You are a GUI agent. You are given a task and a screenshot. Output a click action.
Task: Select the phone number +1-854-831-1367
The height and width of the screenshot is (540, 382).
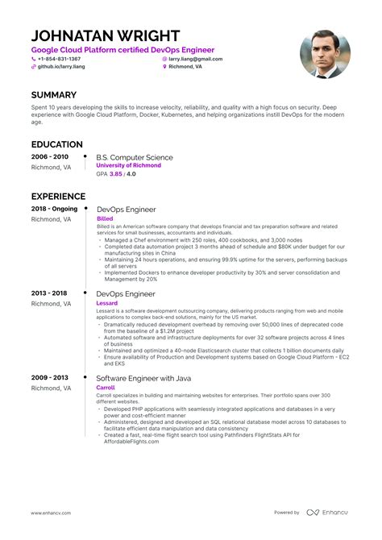pos(59,59)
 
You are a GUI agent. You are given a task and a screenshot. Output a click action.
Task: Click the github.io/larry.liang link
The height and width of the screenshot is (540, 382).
pos(61,67)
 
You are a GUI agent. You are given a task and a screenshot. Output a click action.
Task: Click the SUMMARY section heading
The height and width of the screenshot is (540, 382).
pos(54,95)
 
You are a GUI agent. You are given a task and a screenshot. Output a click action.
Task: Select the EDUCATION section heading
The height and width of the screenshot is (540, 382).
pos(58,143)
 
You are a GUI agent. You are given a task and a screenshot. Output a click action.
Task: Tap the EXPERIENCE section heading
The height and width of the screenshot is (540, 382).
pos(59,196)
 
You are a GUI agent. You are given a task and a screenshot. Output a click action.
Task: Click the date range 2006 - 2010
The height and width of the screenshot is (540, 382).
pos(50,156)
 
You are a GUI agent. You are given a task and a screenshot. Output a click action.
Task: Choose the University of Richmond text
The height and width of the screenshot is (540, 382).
pos(128,164)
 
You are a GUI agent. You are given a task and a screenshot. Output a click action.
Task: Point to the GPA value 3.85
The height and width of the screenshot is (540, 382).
pos(115,173)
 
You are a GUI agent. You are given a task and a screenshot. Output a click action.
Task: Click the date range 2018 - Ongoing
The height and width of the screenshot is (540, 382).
pos(55,209)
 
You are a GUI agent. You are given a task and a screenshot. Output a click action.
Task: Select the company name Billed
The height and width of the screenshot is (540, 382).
pos(105,218)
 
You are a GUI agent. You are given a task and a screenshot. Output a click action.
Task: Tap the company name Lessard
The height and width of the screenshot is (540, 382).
pos(108,304)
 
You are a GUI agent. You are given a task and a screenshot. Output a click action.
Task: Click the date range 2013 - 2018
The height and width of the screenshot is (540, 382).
pos(50,294)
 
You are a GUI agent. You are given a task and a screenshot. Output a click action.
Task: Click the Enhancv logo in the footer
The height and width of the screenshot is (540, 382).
pos(329,512)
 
